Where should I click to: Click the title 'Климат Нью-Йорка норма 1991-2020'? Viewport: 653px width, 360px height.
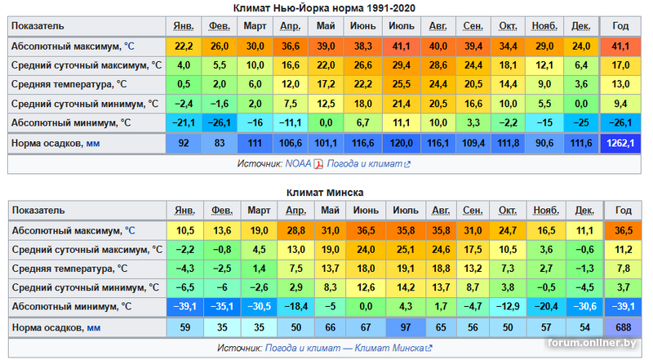click(x=325, y=8)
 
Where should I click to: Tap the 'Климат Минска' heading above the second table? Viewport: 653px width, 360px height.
click(x=325, y=193)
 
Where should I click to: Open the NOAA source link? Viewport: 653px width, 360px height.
click(x=297, y=163)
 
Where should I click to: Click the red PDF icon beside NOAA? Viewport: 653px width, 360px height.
click(x=319, y=163)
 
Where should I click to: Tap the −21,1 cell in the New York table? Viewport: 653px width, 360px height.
click(x=184, y=122)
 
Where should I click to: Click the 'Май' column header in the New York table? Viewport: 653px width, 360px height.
click(x=326, y=27)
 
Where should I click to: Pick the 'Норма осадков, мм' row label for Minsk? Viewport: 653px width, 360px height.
click(x=56, y=327)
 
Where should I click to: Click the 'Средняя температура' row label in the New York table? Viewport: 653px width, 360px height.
click(x=69, y=84)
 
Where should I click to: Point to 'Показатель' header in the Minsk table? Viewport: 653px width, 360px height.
click(x=41, y=211)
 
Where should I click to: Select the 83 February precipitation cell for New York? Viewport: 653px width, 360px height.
click(x=219, y=143)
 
